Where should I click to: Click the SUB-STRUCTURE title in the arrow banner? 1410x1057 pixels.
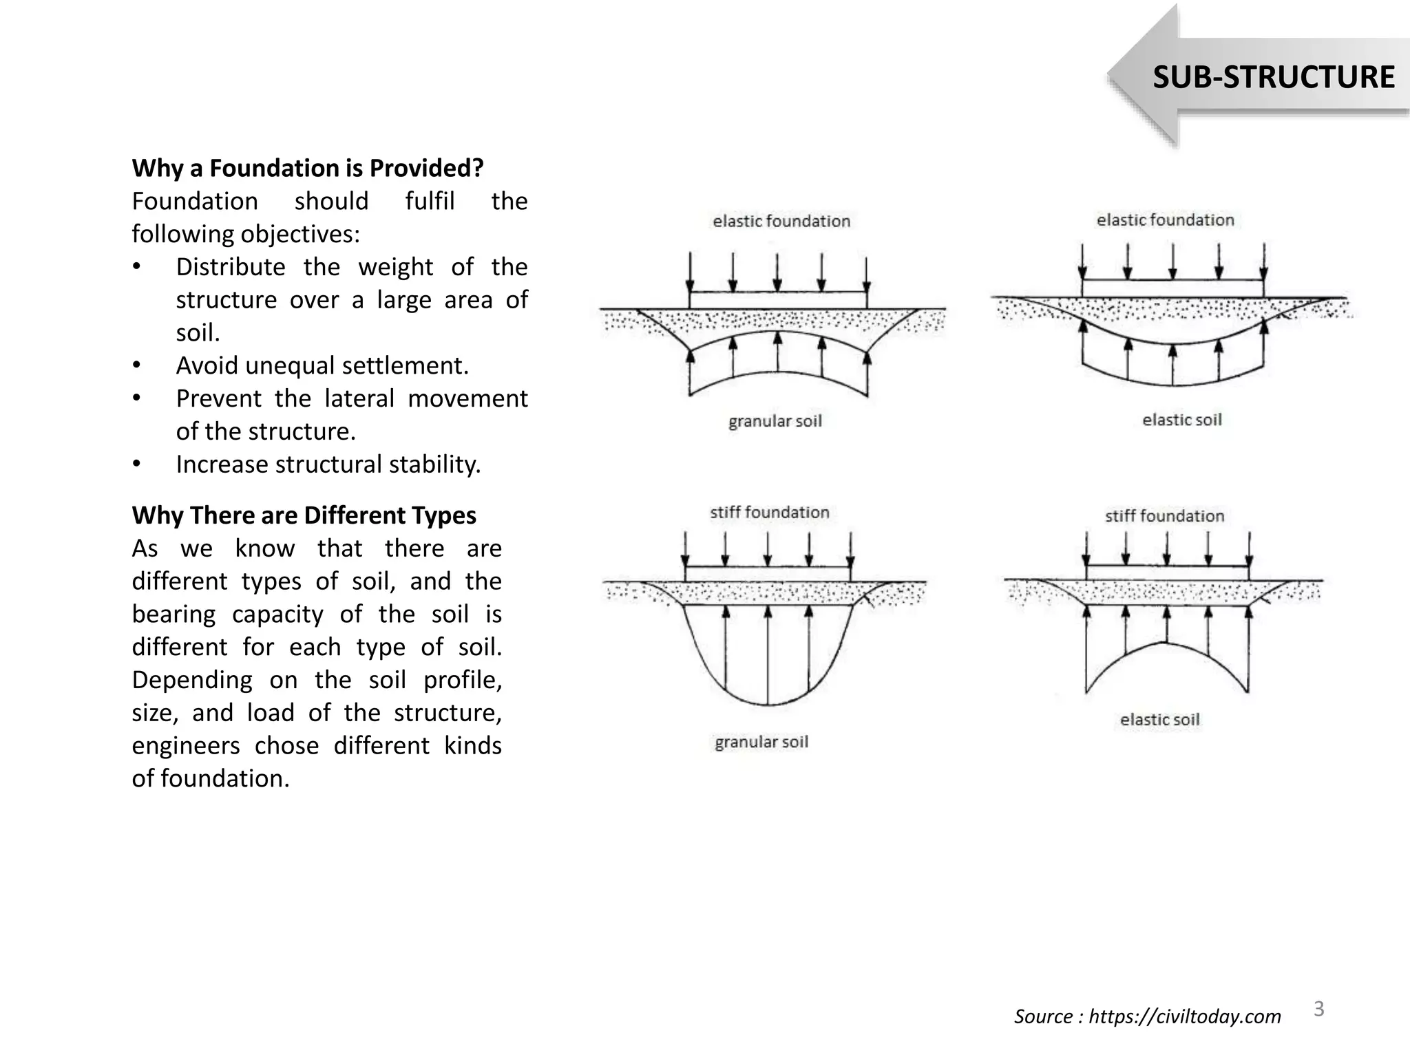(1273, 77)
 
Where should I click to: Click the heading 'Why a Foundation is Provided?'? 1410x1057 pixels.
(308, 168)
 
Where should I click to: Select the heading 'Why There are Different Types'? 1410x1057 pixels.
(304, 515)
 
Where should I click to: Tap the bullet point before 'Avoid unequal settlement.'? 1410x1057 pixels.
(137, 365)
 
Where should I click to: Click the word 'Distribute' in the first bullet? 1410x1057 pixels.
(231, 267)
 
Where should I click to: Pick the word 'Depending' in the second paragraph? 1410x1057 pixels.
(192, 680)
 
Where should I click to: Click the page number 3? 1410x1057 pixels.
(1318, 1009)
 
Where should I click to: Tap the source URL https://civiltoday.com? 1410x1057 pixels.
(1184, 1016)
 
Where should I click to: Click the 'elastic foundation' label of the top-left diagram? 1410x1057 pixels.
(781, 221)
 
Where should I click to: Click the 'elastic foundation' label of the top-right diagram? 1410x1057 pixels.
(1165, 220)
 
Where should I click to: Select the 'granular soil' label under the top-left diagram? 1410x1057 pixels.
(775, 421)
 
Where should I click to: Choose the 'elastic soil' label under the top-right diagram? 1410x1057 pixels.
(1181, 420)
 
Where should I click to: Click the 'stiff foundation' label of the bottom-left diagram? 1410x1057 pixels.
(769, 512)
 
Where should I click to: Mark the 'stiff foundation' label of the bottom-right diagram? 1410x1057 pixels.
(1164, 516)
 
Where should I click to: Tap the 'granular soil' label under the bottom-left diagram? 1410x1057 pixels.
(761, 742)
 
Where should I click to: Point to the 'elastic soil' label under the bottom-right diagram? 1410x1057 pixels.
(1159, 720)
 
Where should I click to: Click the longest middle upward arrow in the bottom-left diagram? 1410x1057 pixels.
(768, 654)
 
